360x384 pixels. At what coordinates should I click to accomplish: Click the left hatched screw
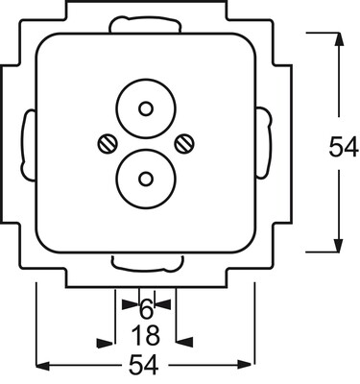107,144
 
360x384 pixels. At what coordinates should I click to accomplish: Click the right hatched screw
184,144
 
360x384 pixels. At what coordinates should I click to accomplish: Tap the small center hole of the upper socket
146,109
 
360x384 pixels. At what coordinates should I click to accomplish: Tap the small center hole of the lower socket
146,179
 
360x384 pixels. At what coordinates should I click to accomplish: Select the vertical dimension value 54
343,147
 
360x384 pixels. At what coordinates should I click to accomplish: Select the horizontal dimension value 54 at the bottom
144,365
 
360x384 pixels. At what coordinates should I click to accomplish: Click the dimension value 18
146,335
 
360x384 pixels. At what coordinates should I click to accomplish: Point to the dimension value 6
146,309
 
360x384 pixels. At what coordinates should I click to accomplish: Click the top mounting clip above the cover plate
145,24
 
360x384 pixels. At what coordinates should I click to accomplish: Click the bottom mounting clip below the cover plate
147,263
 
